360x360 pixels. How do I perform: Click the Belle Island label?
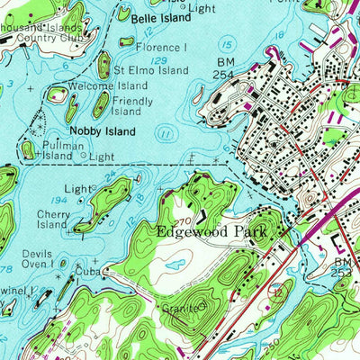click(x=162, y=18)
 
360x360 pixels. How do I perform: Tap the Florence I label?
click(x=162, y=47)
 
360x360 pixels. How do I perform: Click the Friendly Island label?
click(x=132, y=106)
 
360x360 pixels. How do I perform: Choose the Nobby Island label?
click(x=115, y=131)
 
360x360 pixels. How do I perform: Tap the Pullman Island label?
click(x=58, y=150)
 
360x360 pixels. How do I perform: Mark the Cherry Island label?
click(x=52, y=219)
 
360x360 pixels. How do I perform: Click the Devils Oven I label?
click(x=39, y=258)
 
